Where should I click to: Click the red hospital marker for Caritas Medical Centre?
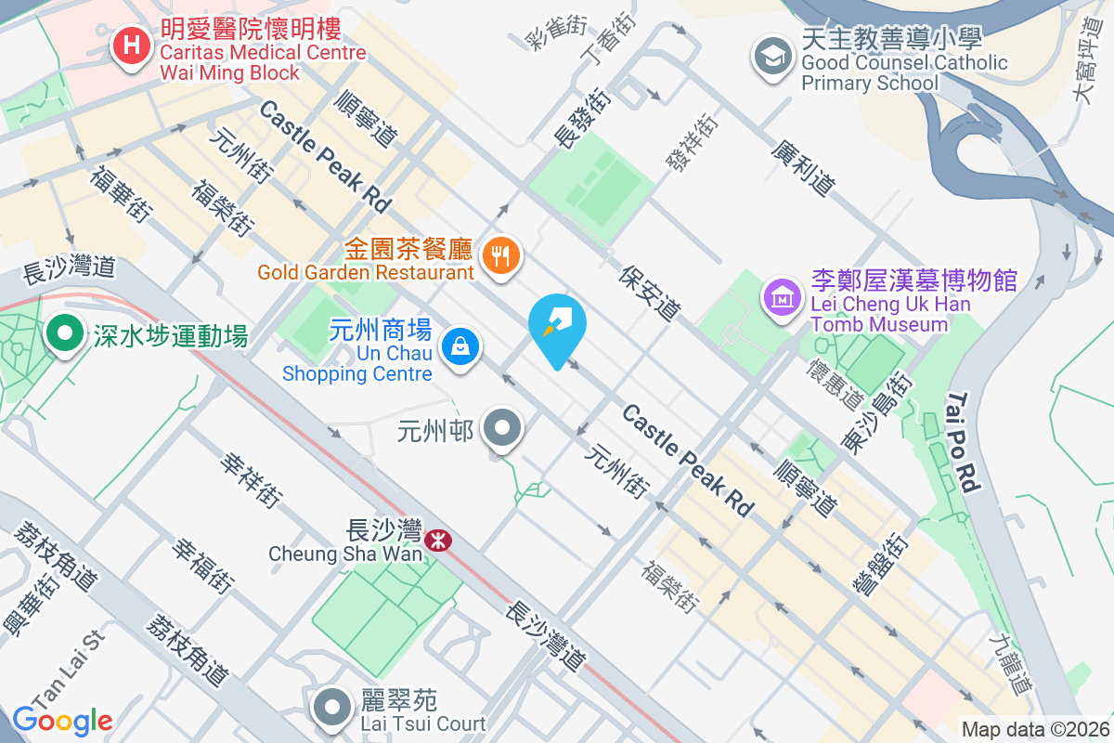(132, 46)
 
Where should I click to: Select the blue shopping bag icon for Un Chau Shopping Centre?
(459, 347)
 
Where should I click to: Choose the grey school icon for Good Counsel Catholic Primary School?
(772, 55)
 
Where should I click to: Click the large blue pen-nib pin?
(557, 325)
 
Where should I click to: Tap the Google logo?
(62, 720)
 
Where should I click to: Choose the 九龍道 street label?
(1010, 663)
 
